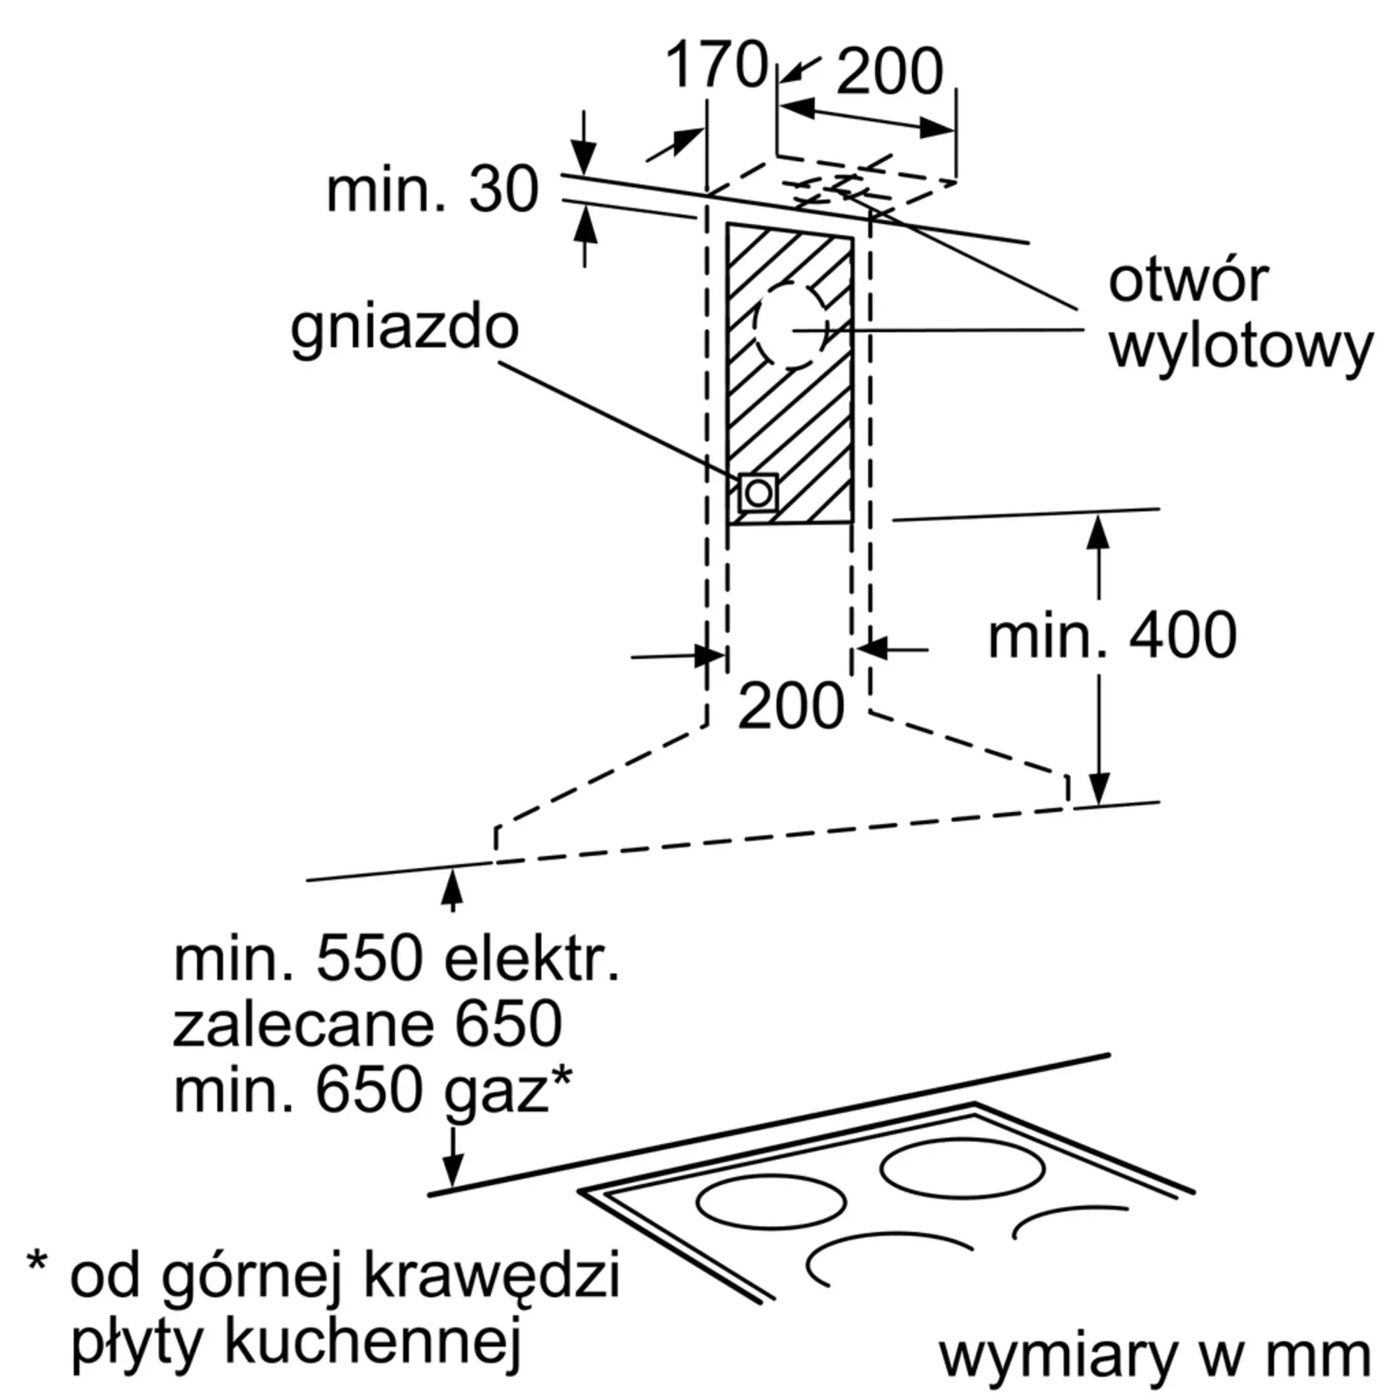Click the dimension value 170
tap(716, 65)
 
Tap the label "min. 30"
tap(433, 190)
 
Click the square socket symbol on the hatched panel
tap(758, 493)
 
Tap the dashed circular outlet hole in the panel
tap(791, 326)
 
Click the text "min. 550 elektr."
tap(397, 958)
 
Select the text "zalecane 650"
tap(367, 1023)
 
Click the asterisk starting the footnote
tap(37, 1261)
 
